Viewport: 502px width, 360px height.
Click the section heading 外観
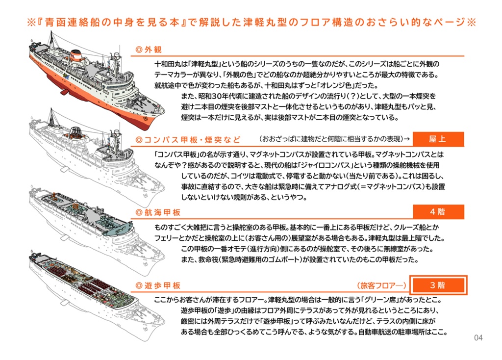(150, 50)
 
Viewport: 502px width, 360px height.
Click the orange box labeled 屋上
(438, 139)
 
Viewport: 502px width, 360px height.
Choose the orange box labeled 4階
(438, 212)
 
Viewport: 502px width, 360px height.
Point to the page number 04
(478, 338)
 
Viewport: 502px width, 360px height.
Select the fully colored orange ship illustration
(93, 78)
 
